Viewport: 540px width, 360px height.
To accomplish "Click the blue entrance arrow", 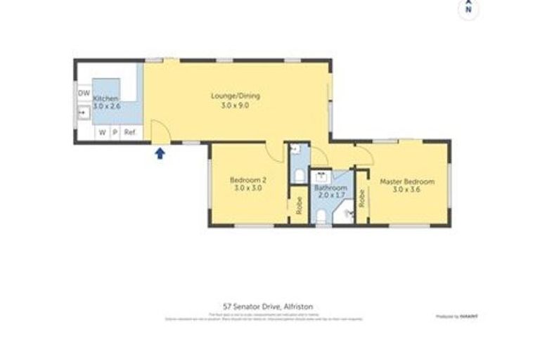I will coord(160,153).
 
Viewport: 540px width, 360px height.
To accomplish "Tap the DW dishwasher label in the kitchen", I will coord(84,93).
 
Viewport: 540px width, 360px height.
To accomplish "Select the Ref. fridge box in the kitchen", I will coord(129,132).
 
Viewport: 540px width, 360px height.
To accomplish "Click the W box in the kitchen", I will coord(101,132).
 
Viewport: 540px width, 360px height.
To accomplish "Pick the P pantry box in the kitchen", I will coord(114,132).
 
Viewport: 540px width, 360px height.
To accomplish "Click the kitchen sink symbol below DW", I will coord(83,111).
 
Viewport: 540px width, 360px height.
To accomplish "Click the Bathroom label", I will coord(330,188).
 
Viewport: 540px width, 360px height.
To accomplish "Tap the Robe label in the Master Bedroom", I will coord(361,198).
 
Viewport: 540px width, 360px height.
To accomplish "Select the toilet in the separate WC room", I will coord(298,175).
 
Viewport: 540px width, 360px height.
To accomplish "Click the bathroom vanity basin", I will coord(323,174).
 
